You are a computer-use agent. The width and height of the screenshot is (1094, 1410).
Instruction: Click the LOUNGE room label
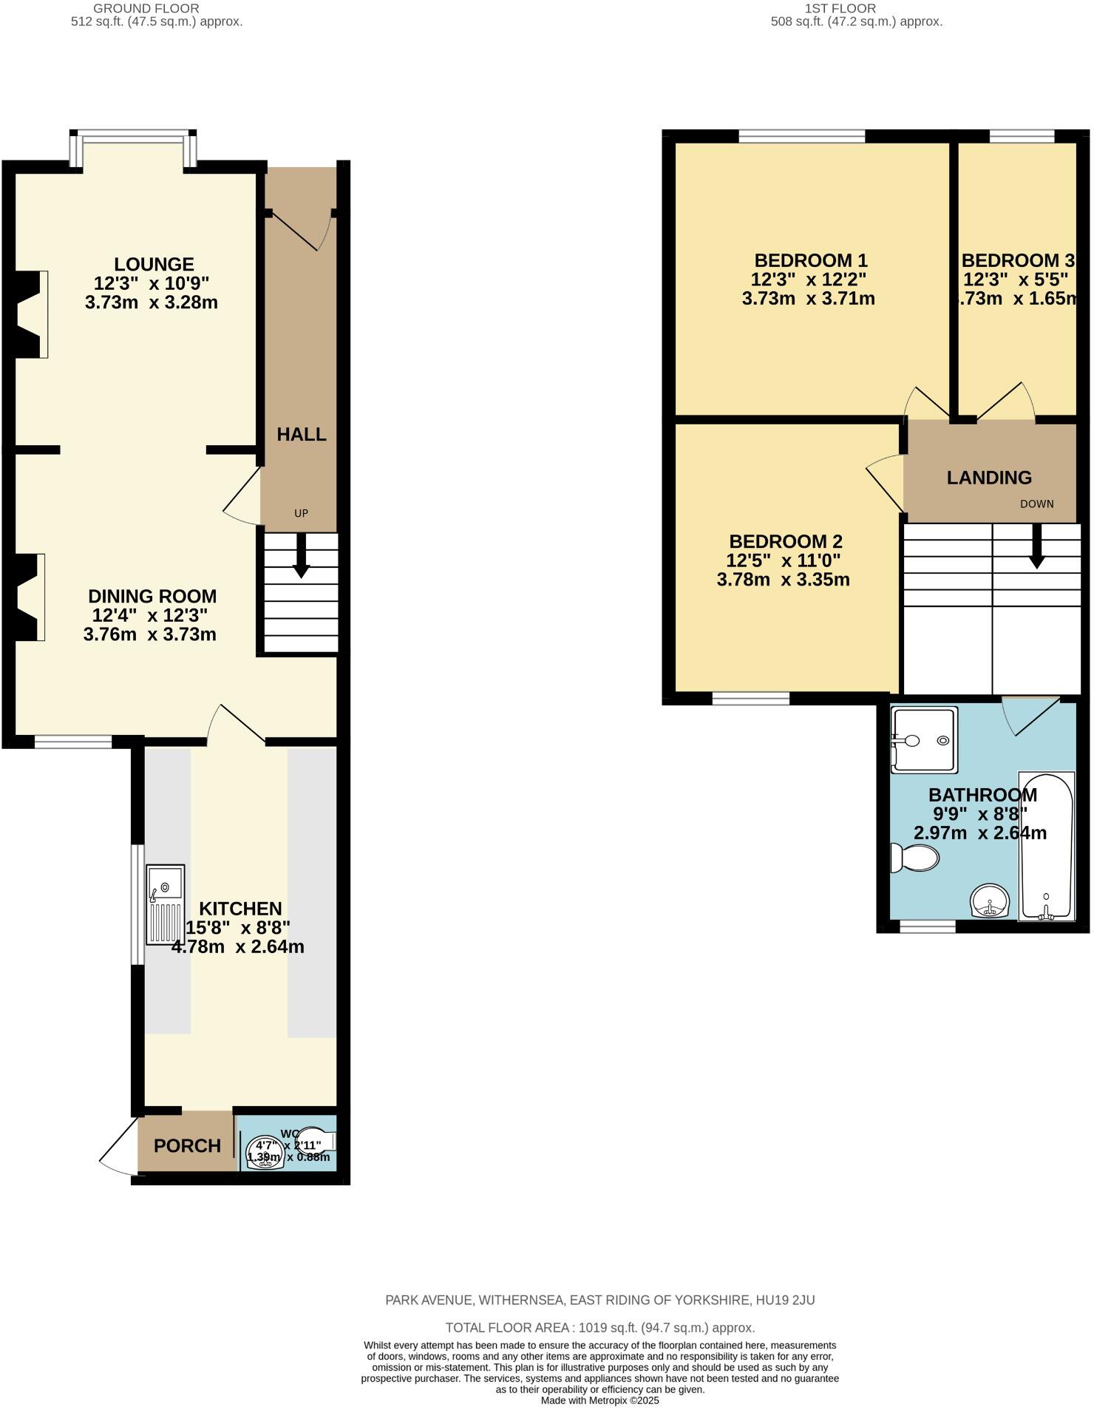coord(154,264)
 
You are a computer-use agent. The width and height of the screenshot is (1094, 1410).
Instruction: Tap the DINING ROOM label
coord(152,596)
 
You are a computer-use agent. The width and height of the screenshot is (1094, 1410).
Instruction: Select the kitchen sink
coord(165,904)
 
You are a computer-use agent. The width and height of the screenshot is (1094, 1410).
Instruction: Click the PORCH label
coord(187,1146)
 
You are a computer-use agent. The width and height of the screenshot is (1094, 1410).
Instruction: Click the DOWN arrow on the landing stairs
coord(1037,546)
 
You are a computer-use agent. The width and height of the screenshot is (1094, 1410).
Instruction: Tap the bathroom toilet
coord(914,858)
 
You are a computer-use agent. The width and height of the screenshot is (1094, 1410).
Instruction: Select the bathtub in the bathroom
coord(1046,847)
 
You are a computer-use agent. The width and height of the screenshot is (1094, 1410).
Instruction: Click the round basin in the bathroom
coord(989,901)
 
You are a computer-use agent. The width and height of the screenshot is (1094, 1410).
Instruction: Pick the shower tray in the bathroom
coord(924,740)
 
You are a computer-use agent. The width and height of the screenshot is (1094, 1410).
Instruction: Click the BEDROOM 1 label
coord(811,260)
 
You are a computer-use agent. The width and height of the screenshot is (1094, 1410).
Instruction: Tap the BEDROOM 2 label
coord(785,541)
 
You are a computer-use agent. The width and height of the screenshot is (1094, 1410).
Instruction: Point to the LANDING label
coord(989,478)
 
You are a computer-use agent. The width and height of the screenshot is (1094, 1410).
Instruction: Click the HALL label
coord(302,435)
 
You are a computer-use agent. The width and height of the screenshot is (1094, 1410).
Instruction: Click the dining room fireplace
coord(30,597)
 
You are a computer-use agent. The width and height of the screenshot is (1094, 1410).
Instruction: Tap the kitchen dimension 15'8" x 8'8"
coord(237,928)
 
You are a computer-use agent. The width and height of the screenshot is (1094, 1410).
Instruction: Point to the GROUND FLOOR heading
coord(146,8)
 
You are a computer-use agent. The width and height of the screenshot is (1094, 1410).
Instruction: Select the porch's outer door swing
coord(118,1146)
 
